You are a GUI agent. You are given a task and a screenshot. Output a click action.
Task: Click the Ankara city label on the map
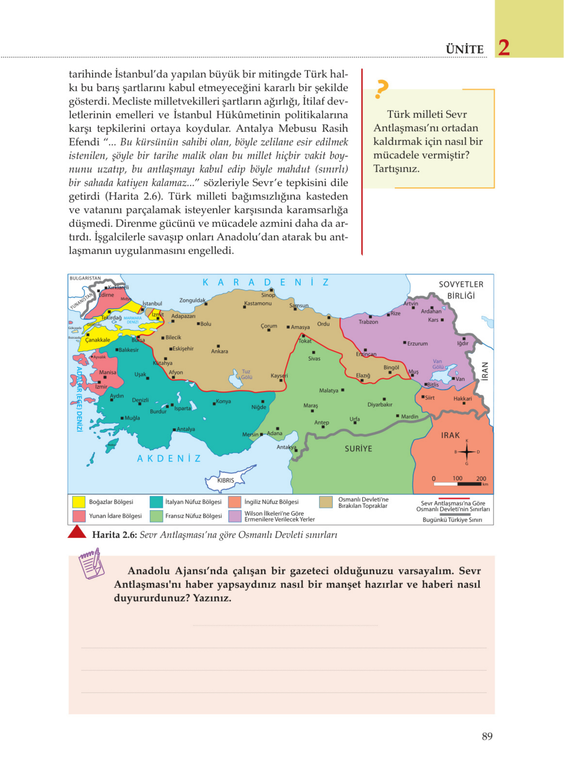tap(219, 351)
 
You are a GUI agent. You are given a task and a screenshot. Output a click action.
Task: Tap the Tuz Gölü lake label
tap(246, 374)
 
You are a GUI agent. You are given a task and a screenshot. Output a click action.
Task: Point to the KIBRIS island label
tap(226, 480)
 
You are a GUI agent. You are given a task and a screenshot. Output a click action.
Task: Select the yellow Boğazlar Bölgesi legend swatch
tap(79, 502)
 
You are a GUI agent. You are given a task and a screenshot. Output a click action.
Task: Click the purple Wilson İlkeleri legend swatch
tap(235, 516)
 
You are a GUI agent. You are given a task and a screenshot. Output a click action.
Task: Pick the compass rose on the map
tap(467, 452)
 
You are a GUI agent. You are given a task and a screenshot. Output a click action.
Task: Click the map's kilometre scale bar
tap(458, 484)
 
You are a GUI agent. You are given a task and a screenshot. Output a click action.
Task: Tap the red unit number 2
tap(504, 47)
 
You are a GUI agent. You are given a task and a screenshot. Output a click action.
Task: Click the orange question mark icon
tap(381, 89)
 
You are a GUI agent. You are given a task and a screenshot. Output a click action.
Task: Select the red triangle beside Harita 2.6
tap(77, 532)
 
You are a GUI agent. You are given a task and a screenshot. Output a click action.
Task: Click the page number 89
tap(487, 736)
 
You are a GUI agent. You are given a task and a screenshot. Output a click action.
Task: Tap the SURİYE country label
tap(358, 449)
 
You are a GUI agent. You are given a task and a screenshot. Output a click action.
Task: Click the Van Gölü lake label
tap(438, 364)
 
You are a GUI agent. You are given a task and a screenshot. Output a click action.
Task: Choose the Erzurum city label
tap(417, 343)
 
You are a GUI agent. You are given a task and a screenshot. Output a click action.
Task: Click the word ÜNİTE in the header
tap(464, 50)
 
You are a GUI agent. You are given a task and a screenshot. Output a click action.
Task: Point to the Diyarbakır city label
tap(379, 404)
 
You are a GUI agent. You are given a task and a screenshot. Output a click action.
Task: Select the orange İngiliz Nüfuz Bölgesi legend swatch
tap(235, 502)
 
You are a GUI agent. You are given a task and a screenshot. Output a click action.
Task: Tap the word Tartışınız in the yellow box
tap(396, 169)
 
